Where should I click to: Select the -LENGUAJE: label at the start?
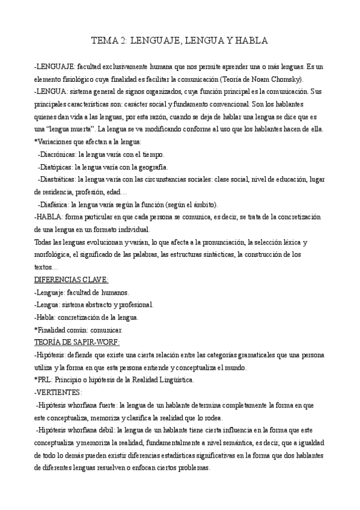click(x=54, y=66)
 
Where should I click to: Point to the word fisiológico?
click(x=80, y=79)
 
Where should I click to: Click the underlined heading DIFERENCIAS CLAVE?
click(x=72, y=280)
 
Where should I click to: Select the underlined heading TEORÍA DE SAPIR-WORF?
click(x=77, y=342)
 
